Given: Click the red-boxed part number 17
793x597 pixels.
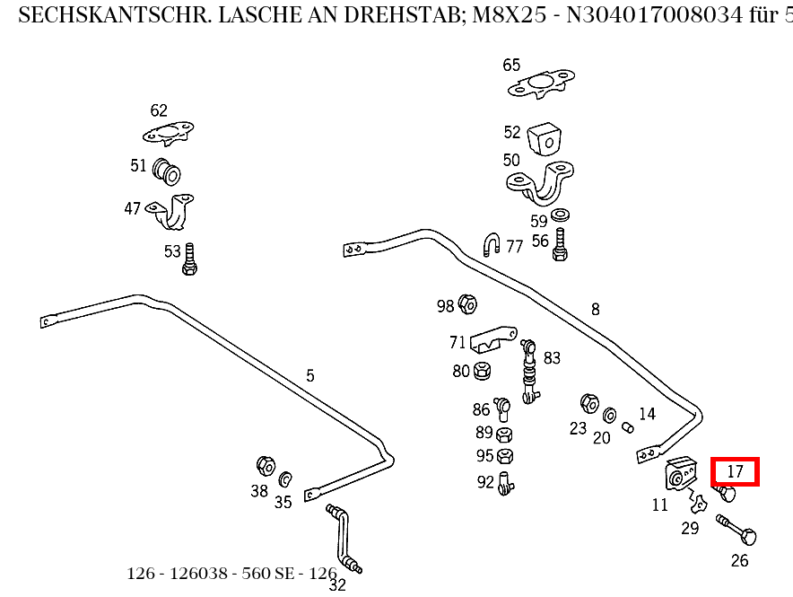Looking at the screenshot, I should point(735,471).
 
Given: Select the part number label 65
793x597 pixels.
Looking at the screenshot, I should point(511,65).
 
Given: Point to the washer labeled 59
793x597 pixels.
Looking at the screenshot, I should point(562,215).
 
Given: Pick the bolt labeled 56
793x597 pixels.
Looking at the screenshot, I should point(560,244).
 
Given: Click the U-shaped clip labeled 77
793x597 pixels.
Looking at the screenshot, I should point(492,244).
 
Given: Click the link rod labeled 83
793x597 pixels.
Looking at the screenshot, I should point(529,368).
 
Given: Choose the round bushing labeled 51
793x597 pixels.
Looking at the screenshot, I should point(167,169).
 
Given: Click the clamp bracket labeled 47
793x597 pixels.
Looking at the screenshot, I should point(173,212).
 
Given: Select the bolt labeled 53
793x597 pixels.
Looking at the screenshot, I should point(189,259).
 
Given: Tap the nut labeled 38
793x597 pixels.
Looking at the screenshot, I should point(265,465).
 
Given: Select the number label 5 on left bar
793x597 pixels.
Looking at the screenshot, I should point(310,375).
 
